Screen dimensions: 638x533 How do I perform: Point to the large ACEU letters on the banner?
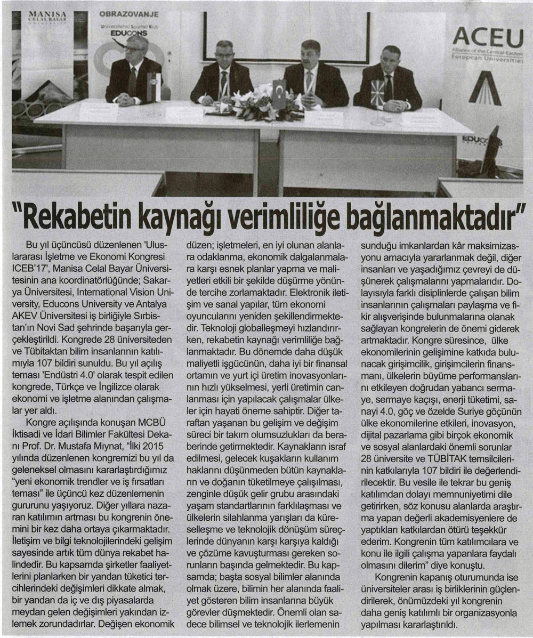point(488,38)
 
